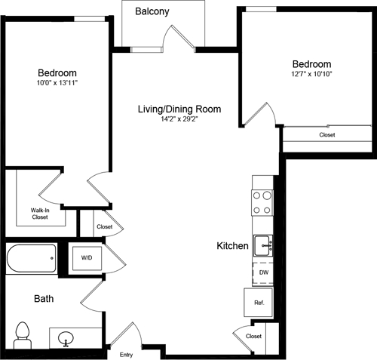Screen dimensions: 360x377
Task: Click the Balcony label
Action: pos(152,12)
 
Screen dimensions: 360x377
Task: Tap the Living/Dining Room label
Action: pos(179,109)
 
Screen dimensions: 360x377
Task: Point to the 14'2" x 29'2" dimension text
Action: pos(179,120)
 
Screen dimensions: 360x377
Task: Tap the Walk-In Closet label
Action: pos(39,213)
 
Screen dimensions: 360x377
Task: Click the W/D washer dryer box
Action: pos(87,258)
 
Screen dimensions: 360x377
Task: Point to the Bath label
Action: pos(44,299)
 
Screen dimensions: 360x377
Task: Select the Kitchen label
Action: pos(232,246)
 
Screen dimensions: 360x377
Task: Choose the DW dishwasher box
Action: pos(262,272)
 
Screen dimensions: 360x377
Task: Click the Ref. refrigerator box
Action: pos(258,303)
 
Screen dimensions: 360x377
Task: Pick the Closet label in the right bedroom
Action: pos(326,134)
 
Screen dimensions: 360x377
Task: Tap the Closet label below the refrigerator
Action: pos(253,336)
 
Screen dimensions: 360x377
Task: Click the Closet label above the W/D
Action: pos(104,226)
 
